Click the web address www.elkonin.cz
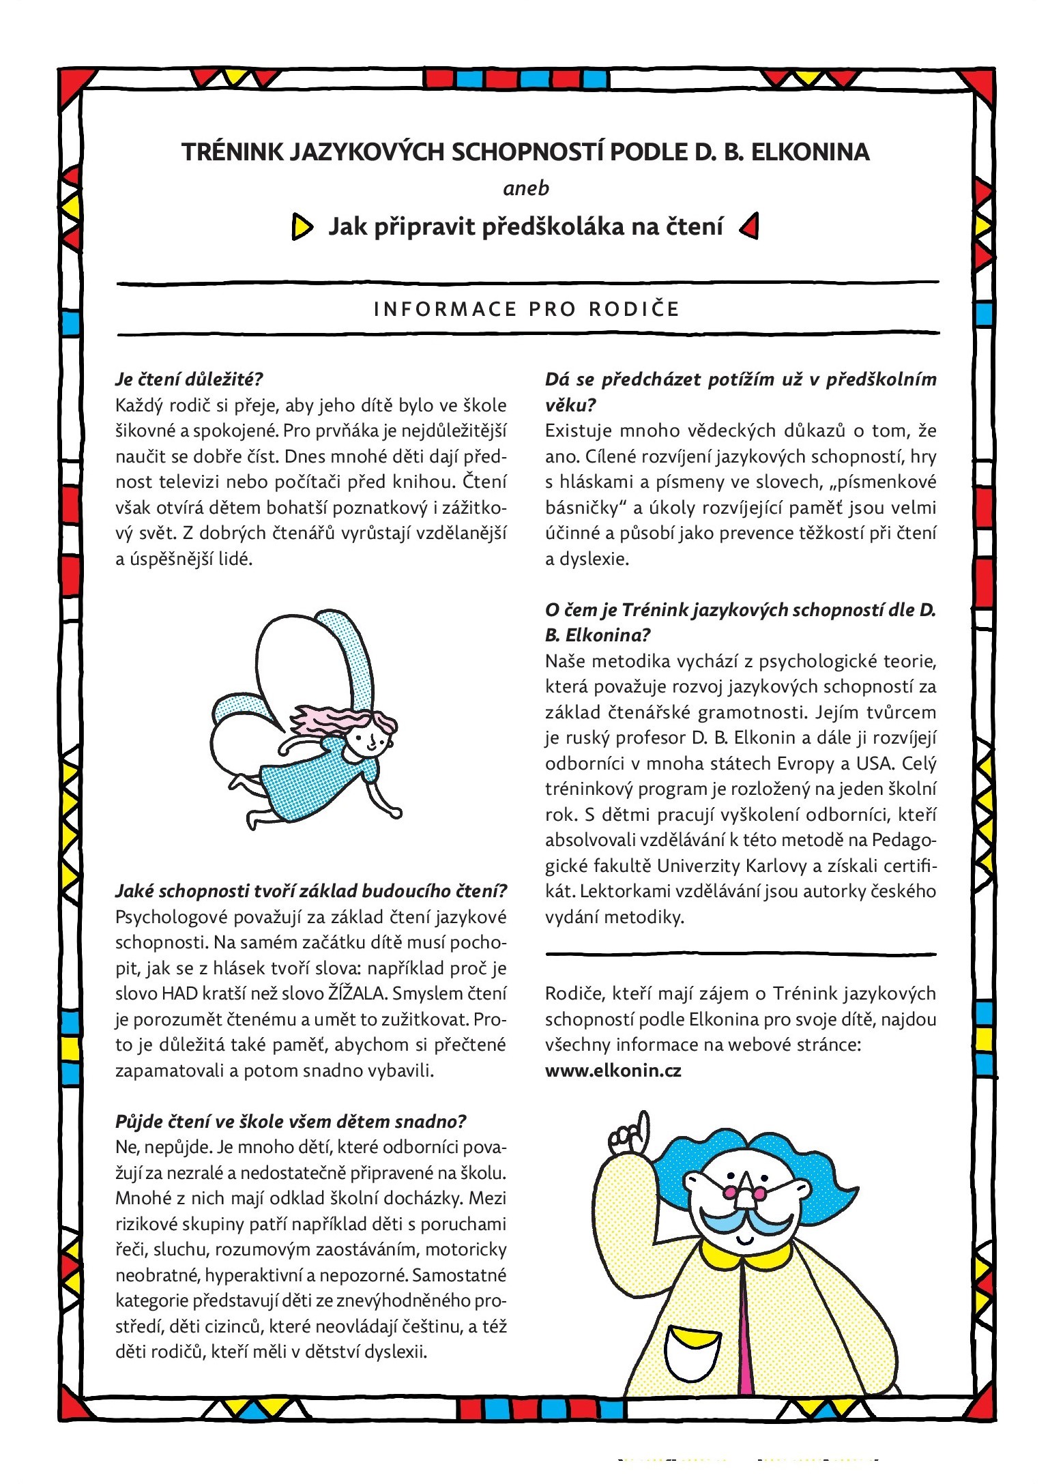pyautogui.click(x=613, y=1070)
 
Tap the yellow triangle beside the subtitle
pyautogui.click(x=302, y=227)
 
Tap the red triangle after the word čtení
pyautogui.click(x=750, y=226)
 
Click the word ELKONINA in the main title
pyautogui.click(x=810, y=151)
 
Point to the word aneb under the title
pyautogui.click(x=525, y=188)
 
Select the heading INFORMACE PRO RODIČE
pyautogui.click(x=527, y=309)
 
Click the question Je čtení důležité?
pyautogui.click(x=189, y=379)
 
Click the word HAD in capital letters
pyautogui.click(x=179, y=993)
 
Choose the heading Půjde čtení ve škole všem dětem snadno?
pyautogui.click(x=291, y=1122)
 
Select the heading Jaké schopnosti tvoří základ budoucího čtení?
pyautogui.click(x=311, y=891)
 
